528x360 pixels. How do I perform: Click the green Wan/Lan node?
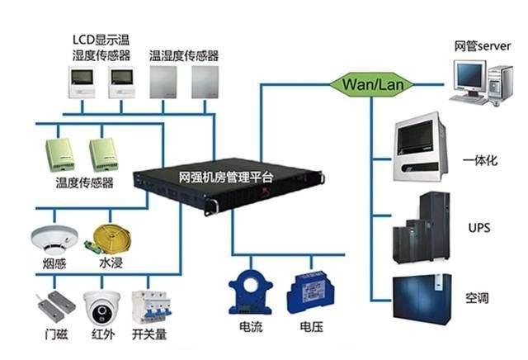click(361, 83)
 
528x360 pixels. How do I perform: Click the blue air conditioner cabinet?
click(422, 294)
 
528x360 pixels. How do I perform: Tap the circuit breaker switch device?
click(148, 309)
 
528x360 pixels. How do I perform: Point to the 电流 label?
click(251, 328)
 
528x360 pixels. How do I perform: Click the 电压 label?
click(311, 328)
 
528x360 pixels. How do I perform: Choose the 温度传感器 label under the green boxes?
click(83, 182)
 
